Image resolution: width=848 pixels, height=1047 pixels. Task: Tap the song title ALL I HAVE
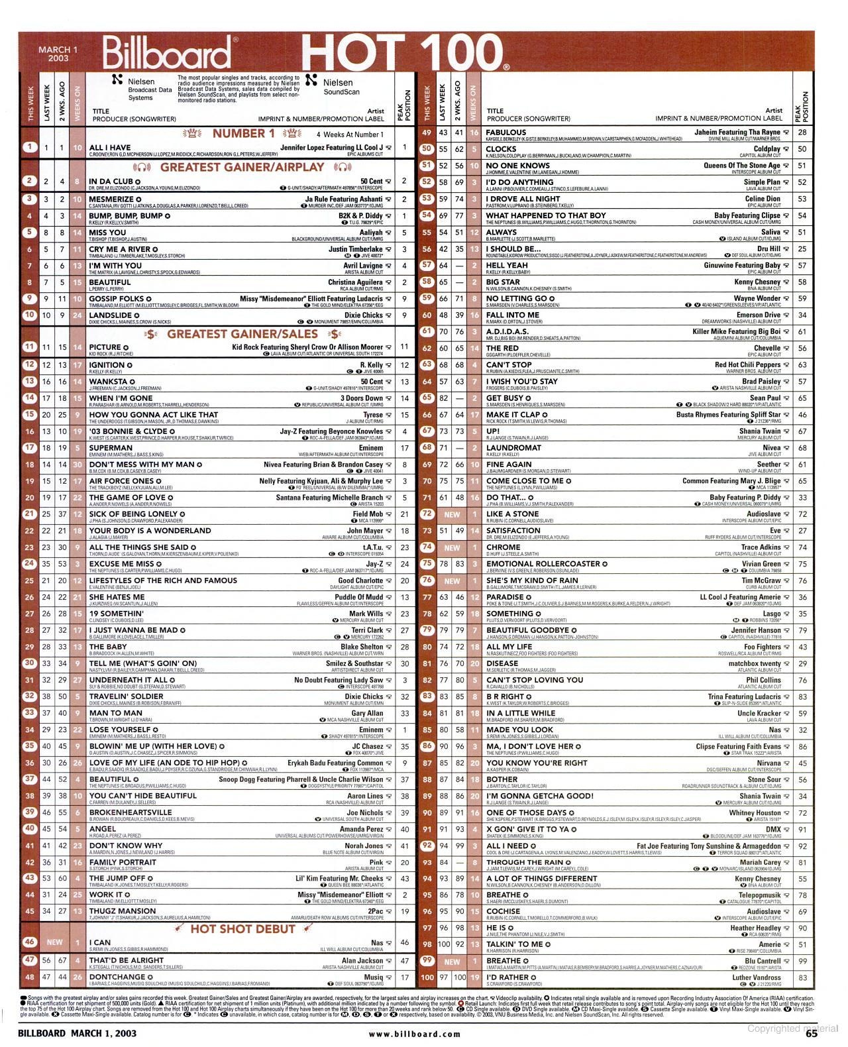point(110,148)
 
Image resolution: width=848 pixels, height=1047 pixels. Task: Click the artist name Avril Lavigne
point(363,266)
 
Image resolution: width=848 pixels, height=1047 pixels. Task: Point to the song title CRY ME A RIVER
point(119,249)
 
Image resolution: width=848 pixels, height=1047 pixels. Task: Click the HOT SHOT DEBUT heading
point(243,929)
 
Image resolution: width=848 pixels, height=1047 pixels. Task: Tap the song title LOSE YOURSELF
point(119,730)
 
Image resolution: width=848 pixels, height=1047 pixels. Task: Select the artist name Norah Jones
point(364,846)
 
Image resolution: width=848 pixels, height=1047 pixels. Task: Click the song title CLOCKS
point(501,149)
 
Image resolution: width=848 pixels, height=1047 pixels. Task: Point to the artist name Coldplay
point(767,149)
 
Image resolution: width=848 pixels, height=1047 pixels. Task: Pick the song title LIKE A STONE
point(512,514)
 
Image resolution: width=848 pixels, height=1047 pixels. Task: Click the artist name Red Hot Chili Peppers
point(747,365)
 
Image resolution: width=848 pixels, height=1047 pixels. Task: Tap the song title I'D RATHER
point(507,977)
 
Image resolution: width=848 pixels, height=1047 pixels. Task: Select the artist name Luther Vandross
point(756,977)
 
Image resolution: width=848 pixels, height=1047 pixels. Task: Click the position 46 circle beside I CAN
point(29,942)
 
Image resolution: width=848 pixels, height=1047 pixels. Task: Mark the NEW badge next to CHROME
point(452,548)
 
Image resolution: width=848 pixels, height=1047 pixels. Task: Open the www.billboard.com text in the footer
point(414,1033)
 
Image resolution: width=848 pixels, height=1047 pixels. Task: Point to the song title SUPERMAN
point(111,448)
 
